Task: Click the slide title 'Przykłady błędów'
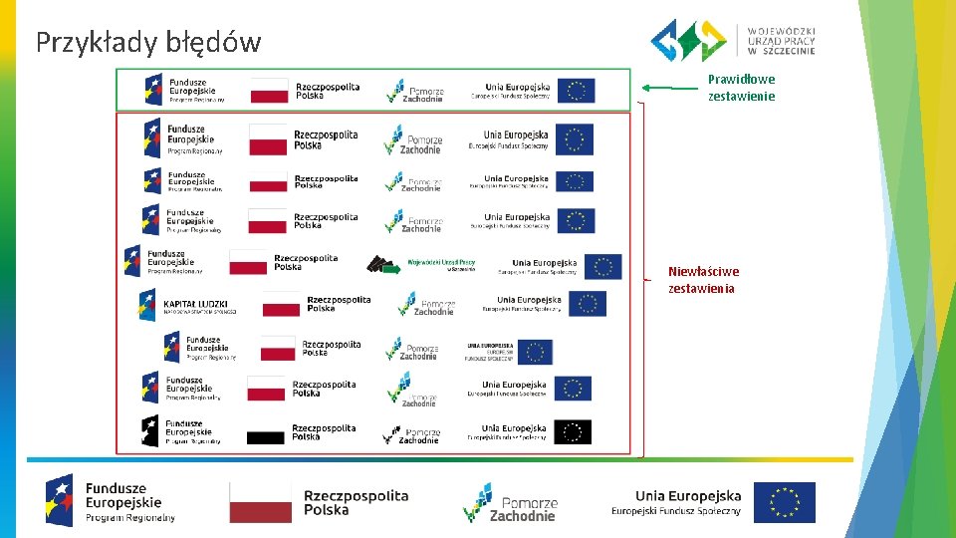tap(148, 42)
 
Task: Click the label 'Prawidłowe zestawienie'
tap(740, 88)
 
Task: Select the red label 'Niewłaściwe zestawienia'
tap(703, 280)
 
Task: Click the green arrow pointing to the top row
tap(669, 88)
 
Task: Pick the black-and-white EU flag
tap(573, 432)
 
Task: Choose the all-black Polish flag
tap(266, 436)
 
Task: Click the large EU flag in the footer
tap(784, 502)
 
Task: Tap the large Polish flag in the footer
tap(261, 502)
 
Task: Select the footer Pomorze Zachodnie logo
tap(510, 503)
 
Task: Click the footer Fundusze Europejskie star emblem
tap(61, 499)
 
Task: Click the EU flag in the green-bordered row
tap(576, 91)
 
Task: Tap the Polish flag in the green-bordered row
tap(269, 91)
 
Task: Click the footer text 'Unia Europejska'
tap(688, 495)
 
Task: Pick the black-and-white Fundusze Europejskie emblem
tap(150, 430)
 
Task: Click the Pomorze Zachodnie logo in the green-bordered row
tap(415, 91)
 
